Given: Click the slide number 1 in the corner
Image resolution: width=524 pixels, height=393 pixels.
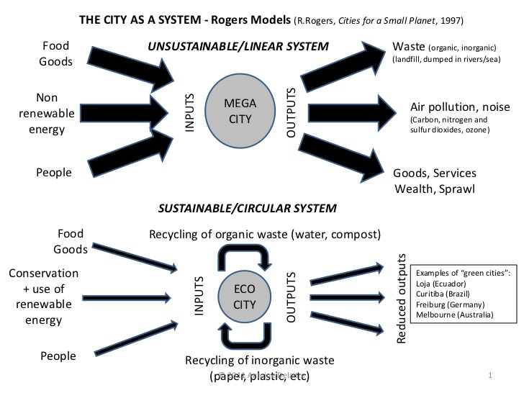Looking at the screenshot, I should click(x=489, y=376).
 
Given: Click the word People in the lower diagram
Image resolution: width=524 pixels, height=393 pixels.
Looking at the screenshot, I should click(x=58, y=355).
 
